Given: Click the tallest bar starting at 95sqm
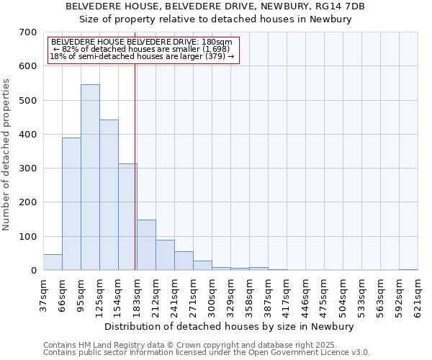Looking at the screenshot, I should pyautogui.click(x=90, y=177).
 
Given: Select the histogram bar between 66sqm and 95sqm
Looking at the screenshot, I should pyautogui.click(x=71, y=204).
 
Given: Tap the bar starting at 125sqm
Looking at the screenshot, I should pyautogui.click(x=109, y=195).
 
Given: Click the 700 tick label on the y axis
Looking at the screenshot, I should pyautogui.click(x=28, y=32).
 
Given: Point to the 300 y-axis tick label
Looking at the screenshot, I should pyautogui.click(x=28, y=168).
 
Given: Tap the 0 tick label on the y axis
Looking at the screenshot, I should pyautogui.click(x=34, y=271).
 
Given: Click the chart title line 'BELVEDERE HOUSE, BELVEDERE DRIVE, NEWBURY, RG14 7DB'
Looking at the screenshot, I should pyautogui.click(x=215, y=6).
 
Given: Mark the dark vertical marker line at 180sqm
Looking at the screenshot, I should pyautogui.click(x=135, y=166).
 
